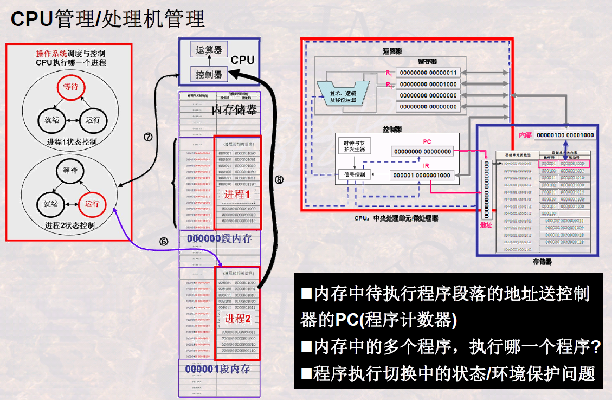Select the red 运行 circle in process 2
pyautogui.click(x=92, y=204)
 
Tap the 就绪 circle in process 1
pyautogui.click(x=51, y=120)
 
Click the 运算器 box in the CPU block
pyautogui.click(x=210, y=50)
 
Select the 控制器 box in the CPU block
pyautogui.click(x=210, y=74)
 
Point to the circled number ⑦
pyautogui.click(x=147, y=137)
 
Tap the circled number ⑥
pyautogui.click(x=163, y=242)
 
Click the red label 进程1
pyautogui.click(x=236, y=193)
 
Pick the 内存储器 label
pyautogui.click(x=234, y=111)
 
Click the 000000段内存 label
pyautogui.click(x=219, y=238)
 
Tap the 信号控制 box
pyautogui.click(x=355, y=174)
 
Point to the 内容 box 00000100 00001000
pyautogui.click(x=564, y=135)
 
